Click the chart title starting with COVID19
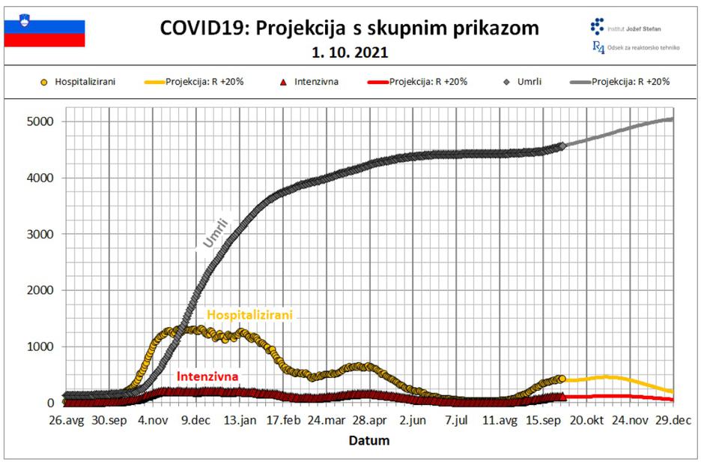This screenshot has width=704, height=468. tap(349, 28)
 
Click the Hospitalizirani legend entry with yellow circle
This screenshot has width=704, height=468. tap(79, 82)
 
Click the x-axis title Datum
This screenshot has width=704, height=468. tap(368, 441)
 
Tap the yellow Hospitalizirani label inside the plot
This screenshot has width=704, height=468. tap(249, 315)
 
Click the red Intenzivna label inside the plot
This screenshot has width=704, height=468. tap(207, 376)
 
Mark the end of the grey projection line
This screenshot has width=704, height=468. tap(672, 118)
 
